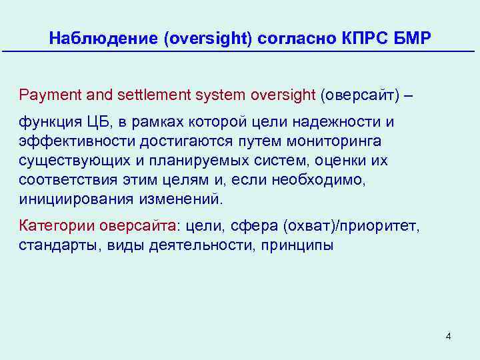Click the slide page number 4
pos(448,336)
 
